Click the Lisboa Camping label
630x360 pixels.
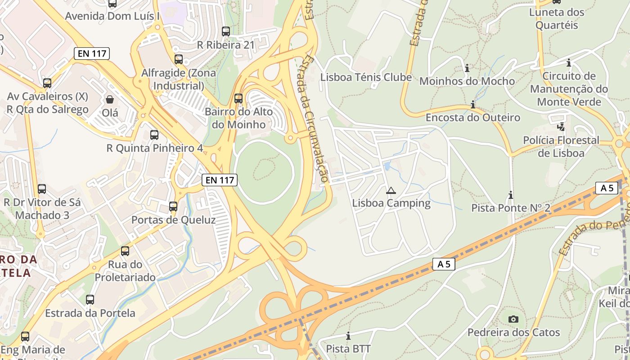pos(391,203)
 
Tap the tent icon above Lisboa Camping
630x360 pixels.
pos(391,190)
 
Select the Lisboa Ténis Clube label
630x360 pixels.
pos(366,77)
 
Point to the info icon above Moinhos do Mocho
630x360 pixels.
pos(467,68)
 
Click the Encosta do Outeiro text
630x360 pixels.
pos(472,117)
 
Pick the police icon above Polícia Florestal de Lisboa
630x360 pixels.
pos(561,127)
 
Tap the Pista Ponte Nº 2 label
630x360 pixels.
pos(511,208)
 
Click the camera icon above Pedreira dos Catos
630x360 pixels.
pos(513,319)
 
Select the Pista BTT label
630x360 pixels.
pos(348,349)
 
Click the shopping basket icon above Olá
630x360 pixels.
pos(110,99)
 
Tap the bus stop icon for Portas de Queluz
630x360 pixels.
pos(173,207)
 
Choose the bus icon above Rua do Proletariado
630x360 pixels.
pos(125,251)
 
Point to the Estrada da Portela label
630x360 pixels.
pos(90,313)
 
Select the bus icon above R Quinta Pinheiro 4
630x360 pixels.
pos(154,135)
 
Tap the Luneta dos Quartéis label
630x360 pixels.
pos(556,18)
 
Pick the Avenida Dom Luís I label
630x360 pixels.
pos(112,16)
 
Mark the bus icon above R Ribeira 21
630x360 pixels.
pos(226,31)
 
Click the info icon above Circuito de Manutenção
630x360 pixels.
pos(569,63)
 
